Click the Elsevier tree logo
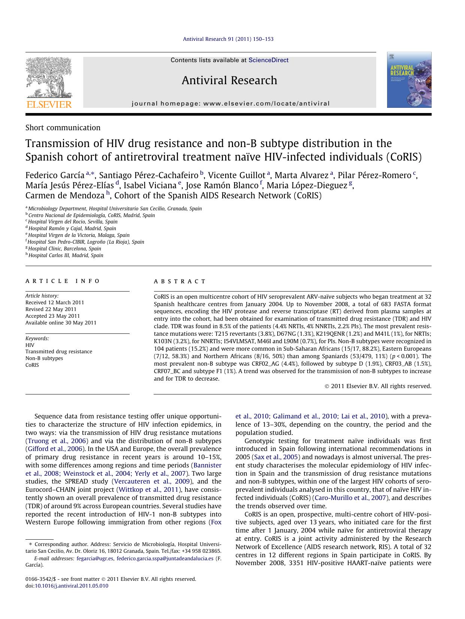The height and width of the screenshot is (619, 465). (x=48, y=78)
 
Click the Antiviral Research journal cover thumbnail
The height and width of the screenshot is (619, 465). (x=409, y=80)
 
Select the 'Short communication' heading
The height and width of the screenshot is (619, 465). (x=63, y=128)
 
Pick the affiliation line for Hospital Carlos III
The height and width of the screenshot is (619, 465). (x=66, y=255)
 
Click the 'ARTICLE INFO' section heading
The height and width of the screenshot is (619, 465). (x=63, y=281)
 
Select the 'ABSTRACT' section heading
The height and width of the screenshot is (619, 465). (x=180, y=281)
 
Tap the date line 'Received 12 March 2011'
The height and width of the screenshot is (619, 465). (x=55, y=302)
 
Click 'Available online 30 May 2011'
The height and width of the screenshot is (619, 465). (x=61, y=323)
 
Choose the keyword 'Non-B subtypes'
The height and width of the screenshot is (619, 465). (x=44, y=358)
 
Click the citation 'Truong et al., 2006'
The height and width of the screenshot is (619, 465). (x=57, y=441)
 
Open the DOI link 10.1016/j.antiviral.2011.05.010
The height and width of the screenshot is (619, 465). (x=71, y=586)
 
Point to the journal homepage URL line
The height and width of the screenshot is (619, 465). (x=230, y=104)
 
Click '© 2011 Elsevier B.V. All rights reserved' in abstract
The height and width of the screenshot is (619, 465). (x=378, y=386)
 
